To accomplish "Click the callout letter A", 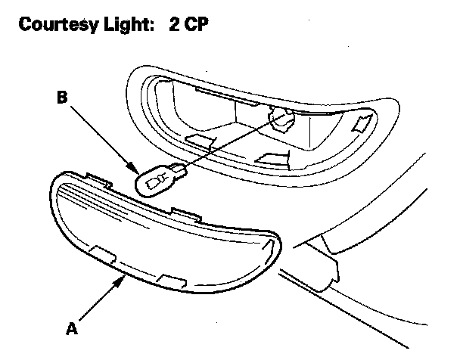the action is click(71, 329).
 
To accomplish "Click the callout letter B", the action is click(63, 98).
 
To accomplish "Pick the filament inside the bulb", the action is click(154, 181).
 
